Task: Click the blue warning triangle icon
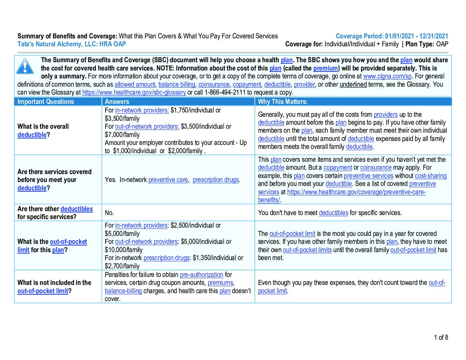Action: (25, 66)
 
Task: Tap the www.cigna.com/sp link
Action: (387, 76)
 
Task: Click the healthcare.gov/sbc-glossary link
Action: (134, 93)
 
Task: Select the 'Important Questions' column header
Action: (46, 102)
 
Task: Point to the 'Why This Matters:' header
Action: (283, 102)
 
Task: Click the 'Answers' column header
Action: (117, 102)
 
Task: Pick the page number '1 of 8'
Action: (441, 337)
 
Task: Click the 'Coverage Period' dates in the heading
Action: (392, 36)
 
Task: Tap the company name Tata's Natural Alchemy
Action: (71, 44)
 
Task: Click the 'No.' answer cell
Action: (109, 213)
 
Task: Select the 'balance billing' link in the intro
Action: (177, 85)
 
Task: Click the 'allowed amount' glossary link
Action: (135, 85)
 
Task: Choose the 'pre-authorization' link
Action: (201, 275)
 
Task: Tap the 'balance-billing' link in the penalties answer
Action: (123, 291)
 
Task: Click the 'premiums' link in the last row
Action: (220, 283)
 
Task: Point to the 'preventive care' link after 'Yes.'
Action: (168, 180)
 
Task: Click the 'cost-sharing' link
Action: (430, 176)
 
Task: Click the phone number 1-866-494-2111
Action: (225, 93)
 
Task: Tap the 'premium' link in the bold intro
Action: (325, 68)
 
